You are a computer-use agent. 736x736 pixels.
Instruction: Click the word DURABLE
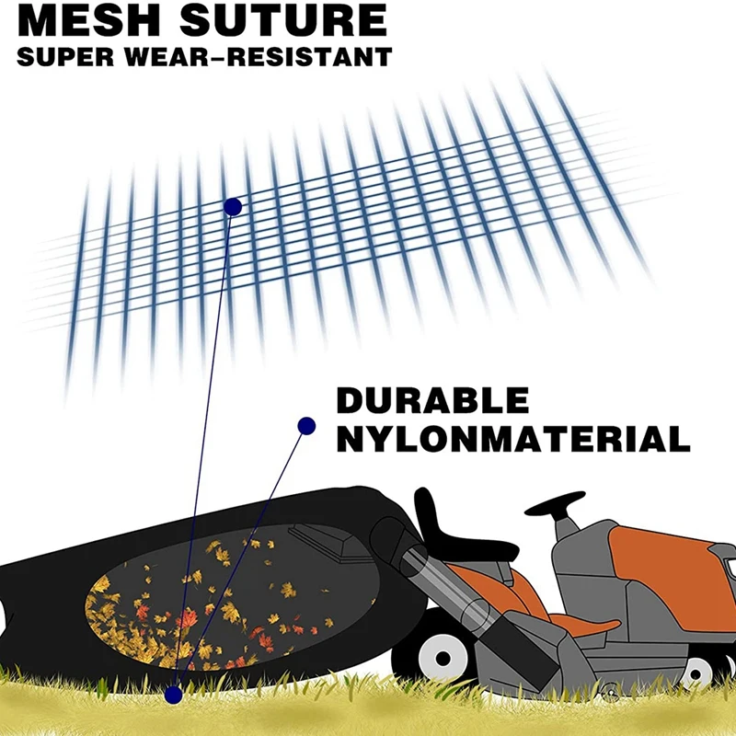click(432, 401)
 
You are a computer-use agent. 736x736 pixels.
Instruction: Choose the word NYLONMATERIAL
click(512, 439)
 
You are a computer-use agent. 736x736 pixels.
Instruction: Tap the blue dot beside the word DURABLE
click(306, 425)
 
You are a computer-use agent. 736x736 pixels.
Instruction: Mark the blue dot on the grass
click(174, 691)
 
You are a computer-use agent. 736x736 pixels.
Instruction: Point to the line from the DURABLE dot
click(248, 543)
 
